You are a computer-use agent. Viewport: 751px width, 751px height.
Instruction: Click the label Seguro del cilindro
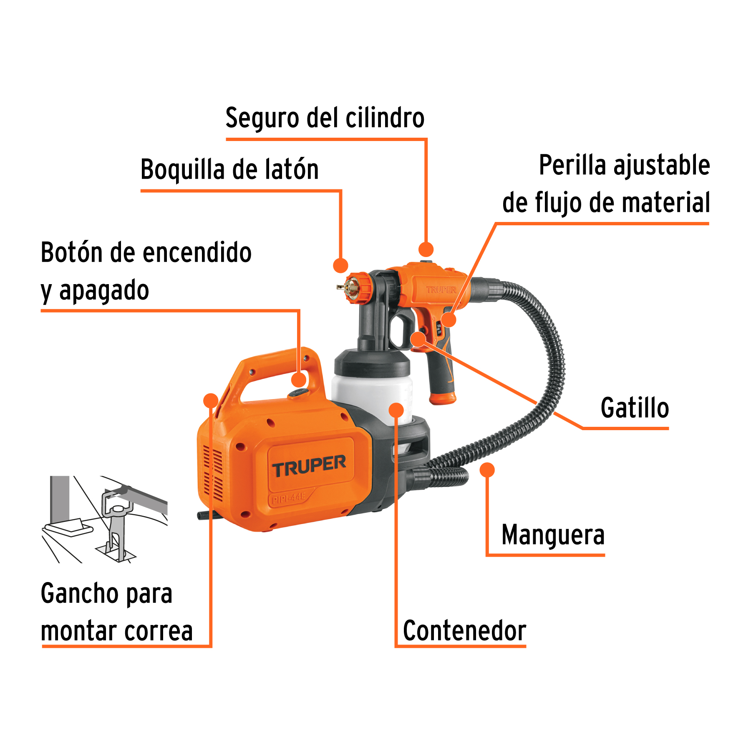pos(325,118)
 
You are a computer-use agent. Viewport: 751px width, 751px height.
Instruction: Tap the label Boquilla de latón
pos(229,170)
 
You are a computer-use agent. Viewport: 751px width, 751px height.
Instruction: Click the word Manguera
pos(553,535)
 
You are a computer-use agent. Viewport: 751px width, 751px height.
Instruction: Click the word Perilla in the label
pos(572,165)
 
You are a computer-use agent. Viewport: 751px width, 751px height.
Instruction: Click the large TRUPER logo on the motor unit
pos(309,466)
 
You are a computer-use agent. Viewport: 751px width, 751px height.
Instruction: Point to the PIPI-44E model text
pos(289,498)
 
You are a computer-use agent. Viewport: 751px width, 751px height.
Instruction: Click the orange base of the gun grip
pos(443,399)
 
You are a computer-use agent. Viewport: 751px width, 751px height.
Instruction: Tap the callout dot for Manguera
pos(487,470)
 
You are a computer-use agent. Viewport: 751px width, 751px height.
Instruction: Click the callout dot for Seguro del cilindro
pos(426,249)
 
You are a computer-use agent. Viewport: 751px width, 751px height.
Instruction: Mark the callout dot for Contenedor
pos(396,410)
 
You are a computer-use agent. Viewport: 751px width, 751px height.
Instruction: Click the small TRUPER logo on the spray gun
pos(441,290)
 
